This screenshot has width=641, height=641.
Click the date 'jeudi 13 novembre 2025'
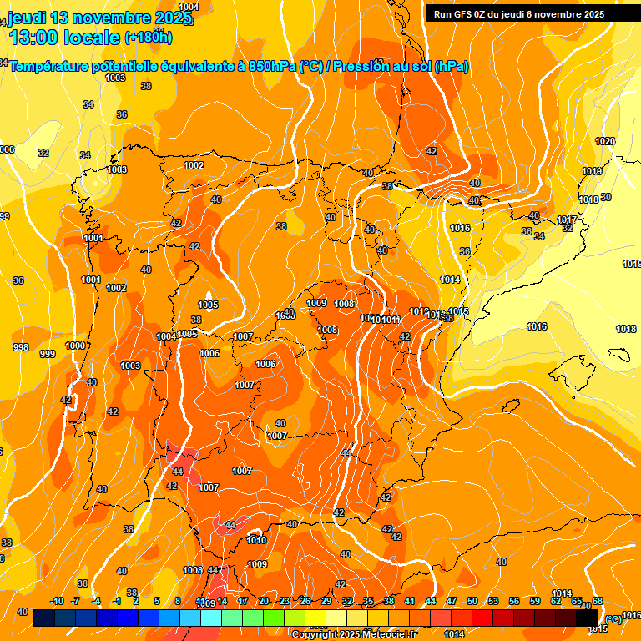(x=92, y=18)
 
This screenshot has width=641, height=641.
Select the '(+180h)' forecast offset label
(x=148, y=38)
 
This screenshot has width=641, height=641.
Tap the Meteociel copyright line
(x=354, y=634)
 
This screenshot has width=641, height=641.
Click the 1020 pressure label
(x=605, y=141)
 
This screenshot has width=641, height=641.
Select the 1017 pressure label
(x=567, y=220)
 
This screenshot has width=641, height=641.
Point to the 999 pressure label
(x=48, y=354)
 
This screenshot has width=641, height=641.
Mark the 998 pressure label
(x=21, y=347)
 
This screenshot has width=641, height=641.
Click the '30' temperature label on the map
(x=606, y=198)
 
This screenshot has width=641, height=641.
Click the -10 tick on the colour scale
(x=57, y=602)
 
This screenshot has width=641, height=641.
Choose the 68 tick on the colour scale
(x=598, y=602)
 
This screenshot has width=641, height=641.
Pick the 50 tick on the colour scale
(x=472, y=602)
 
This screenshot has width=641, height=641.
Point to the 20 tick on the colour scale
(x=264, y=602)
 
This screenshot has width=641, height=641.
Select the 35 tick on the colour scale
(x=368, y=602)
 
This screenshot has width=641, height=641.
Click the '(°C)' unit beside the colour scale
(x=613, y=619)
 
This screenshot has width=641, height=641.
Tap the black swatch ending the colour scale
(x=587, y=618)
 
